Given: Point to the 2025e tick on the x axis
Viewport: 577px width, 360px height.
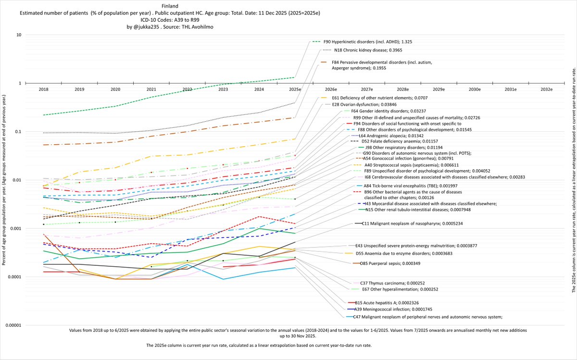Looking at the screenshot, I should pos(295,89).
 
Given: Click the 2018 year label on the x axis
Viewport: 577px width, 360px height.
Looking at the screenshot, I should pos(43,89).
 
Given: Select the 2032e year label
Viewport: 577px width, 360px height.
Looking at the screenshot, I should pos(546,89).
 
